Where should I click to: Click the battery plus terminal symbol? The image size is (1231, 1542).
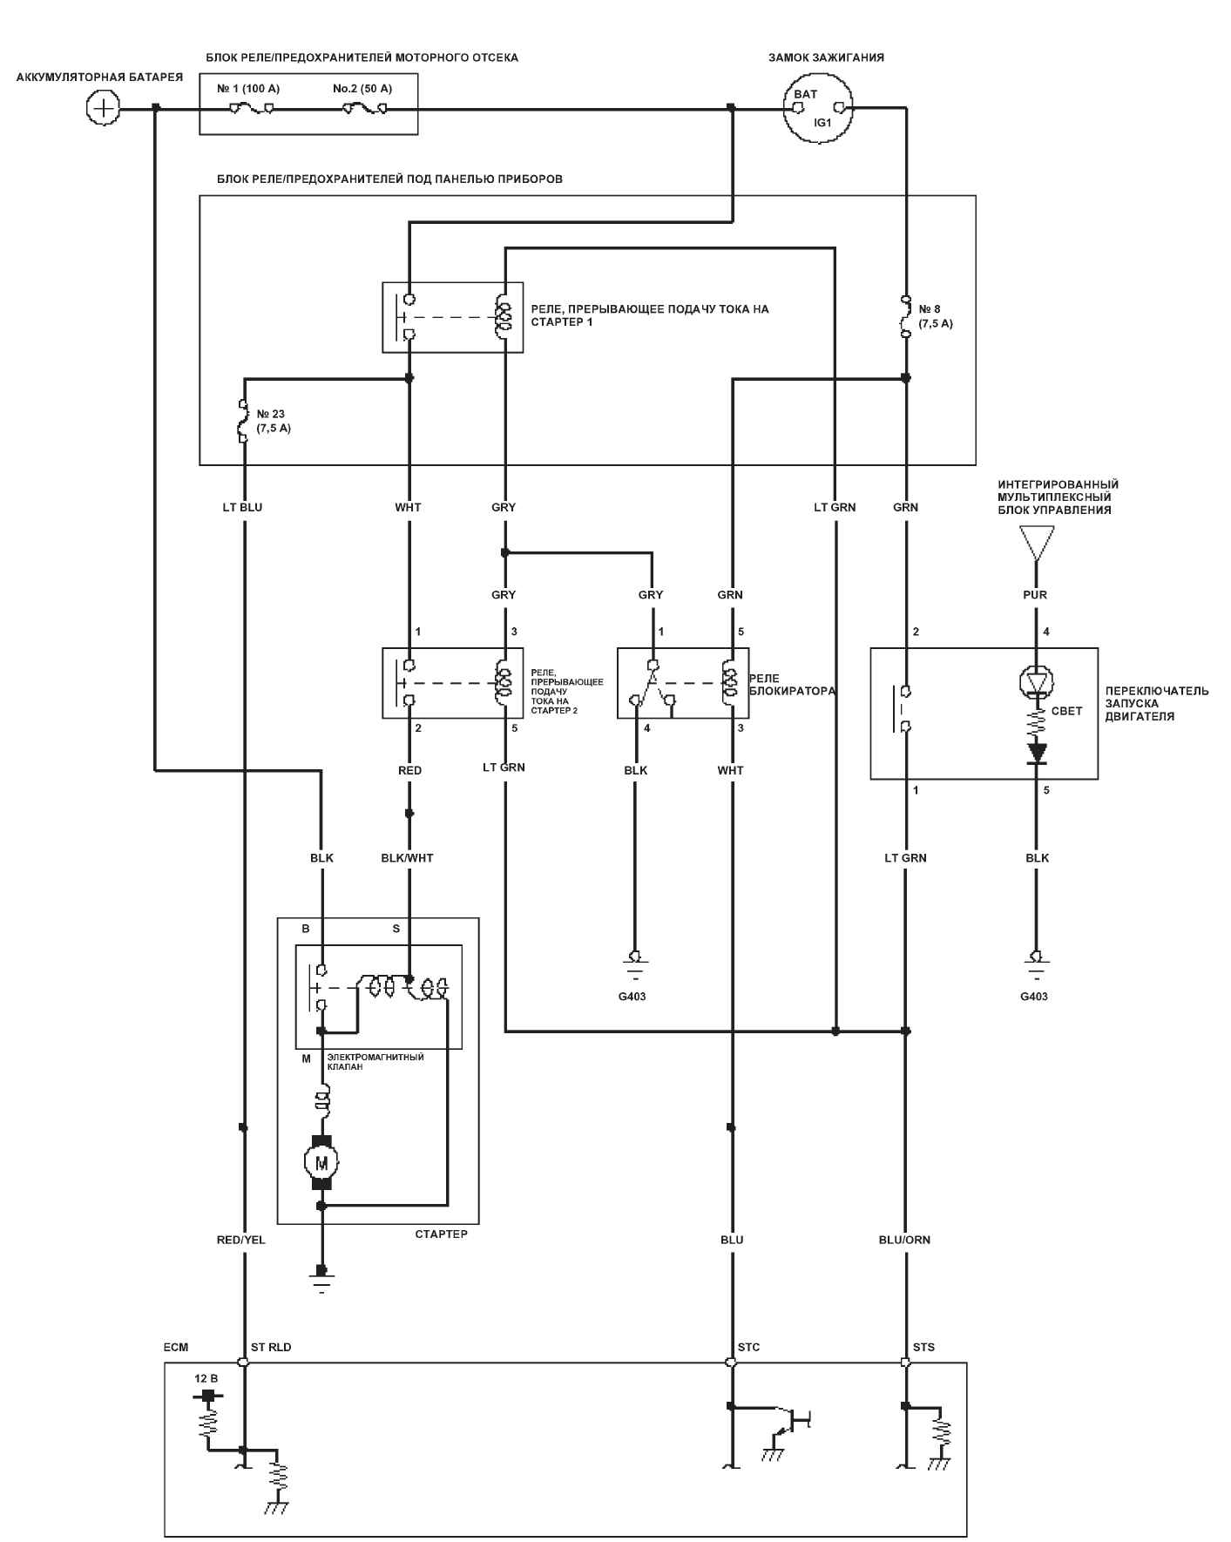pos(104,108)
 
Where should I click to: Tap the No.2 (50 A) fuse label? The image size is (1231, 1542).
pos(362,89)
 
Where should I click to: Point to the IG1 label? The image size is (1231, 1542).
pos(823,123)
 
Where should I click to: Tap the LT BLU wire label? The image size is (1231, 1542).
pos(242,507)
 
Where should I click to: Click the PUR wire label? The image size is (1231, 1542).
pos(1035,595)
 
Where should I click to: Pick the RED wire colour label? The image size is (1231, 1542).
pos(409,770)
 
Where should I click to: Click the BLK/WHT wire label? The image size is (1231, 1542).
pos(407,858)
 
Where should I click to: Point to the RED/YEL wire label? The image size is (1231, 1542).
pos(241,1240)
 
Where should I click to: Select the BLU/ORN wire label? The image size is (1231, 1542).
pos(904,1240)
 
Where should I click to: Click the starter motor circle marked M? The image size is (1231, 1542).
pos(321,1162)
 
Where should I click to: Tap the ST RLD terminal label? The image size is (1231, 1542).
pos(271,1347)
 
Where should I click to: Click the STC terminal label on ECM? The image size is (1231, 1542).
pos(748,1347)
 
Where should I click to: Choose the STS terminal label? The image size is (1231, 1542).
pos(923,1347)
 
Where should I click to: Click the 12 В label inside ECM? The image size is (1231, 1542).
pos(206,1379)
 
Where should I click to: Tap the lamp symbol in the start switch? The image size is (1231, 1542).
pos(1036,681)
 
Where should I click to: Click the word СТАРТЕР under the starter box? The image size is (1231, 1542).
pos(441,1234)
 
